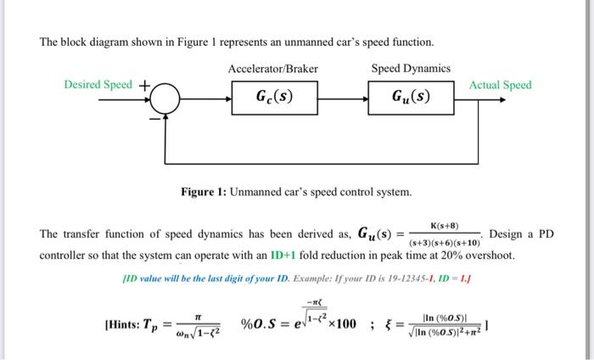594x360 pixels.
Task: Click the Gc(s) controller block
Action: (x=275, y=98)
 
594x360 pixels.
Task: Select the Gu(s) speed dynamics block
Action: (x=411, y=98)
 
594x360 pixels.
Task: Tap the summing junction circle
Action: (x=165, y=98)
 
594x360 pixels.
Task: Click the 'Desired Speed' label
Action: (x=98, y=84)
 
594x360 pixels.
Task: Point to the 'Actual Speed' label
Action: (x=501, y=85)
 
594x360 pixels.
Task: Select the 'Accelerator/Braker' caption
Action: (x=273, y=69)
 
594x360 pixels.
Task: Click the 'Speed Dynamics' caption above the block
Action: (x=411, y=68)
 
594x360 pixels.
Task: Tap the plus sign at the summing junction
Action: (x=144, y=86)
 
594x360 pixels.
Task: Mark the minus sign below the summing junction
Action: (x=154, y=119)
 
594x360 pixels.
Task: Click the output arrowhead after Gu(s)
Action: (x=502, y=99)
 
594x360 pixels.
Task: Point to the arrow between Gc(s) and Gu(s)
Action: (x=343, y=99)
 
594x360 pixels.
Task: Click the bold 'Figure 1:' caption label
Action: (x=204, y=192)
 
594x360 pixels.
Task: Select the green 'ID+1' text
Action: (x=283, y=255)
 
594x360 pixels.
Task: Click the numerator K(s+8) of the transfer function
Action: (x=445, y=226)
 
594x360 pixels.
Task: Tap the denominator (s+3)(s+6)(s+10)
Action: (x=445, y=242)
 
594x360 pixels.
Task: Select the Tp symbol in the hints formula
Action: (x=150, y=326)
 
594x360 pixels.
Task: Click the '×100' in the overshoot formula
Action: (x=342, y=324)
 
